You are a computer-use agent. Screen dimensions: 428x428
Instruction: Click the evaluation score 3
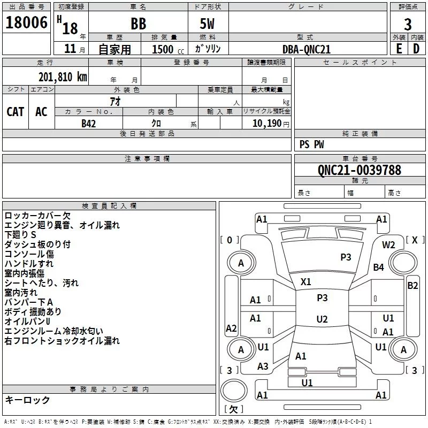(408, 24)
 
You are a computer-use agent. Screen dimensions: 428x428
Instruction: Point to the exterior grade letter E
(399, 49)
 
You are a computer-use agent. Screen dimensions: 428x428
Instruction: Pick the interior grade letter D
(416, 49)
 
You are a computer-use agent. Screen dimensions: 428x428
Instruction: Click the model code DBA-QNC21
(307, 49)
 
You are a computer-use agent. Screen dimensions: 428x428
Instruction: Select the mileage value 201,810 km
(63, 77)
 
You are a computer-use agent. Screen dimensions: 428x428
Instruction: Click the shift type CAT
(16, 112)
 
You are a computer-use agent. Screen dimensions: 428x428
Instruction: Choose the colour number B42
(89, 124)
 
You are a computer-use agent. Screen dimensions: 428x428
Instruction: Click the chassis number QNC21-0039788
(359, 170)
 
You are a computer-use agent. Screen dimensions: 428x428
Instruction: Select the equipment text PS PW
(312, 144)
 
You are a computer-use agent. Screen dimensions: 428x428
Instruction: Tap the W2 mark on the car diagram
(388, 244)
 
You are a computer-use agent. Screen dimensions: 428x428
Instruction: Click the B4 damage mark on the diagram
(379, 267)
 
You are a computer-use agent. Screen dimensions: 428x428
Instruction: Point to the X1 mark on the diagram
(306, 281)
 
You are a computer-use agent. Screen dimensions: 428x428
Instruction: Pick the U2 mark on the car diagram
(322, 319)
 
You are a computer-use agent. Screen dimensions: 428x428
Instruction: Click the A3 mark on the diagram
(263, 366)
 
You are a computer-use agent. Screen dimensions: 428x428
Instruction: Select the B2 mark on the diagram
(412, 285)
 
